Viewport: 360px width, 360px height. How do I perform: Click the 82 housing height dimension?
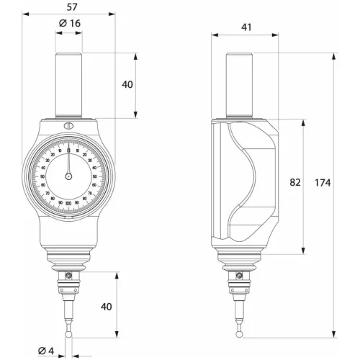point(294,183)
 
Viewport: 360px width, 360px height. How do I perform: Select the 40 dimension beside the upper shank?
point(127,85)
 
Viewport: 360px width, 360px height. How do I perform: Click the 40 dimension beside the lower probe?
point(107,307)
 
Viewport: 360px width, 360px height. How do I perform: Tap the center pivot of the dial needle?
point(68,176)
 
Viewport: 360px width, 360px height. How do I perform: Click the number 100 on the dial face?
point(68,204)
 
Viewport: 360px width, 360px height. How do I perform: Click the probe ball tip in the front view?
point(68,335)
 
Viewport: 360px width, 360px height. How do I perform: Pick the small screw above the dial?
point(68,128)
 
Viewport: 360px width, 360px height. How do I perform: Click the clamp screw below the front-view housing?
point(68,276)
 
